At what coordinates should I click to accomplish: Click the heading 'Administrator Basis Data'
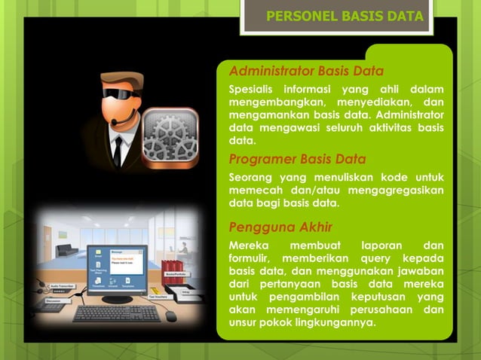(306, 72)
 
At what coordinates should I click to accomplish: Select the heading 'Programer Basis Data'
(297, 159)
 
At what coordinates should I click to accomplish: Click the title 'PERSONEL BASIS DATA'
(345, 17)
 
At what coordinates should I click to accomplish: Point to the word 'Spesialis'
(252, 90)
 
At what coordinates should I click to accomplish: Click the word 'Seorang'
(251, 177)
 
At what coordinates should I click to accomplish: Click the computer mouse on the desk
(171, 316)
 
